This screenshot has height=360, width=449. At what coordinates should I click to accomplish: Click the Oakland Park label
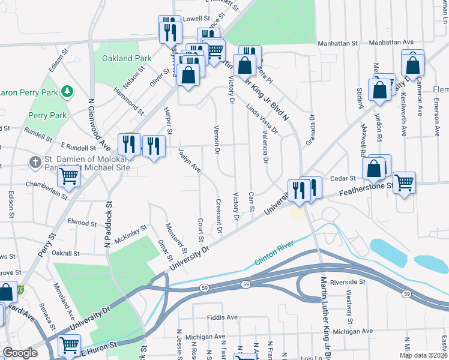pyautogui.click(x=126, y=59)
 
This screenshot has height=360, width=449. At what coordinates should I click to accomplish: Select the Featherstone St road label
pyautogui.click(x=365, y=190)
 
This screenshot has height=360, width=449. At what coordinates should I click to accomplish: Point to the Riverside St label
pyautogui.click(x=346, y=281)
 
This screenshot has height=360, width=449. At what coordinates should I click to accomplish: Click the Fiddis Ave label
pyautogui.click(x=221, y=317)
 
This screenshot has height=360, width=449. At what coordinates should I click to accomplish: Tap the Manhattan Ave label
pyautogui.click(x=391, y=43)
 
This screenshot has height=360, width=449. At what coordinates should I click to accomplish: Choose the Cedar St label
pyautogui.click(x=344, y=178)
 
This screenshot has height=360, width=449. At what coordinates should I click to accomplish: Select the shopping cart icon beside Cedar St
pyautogui.click(x=404, y=182)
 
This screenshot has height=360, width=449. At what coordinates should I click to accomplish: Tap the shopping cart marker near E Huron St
pyautogui.click(x=70, y=345)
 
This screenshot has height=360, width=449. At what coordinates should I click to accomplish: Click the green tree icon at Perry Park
pyautogui.click(x=68, y=91)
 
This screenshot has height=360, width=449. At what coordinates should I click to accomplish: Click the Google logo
pyautogui.click(x=20, y=353)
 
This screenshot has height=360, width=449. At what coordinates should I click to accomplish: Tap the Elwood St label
pyautogui.click(x=82, y=221)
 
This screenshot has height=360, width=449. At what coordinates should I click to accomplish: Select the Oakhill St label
pyautogui.click(x=66, y=253)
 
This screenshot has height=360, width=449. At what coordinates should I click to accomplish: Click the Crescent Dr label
pyautogui.click(x=219, y=216)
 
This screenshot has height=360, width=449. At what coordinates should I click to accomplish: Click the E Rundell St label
pyautogui.click(x=79, y=147)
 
